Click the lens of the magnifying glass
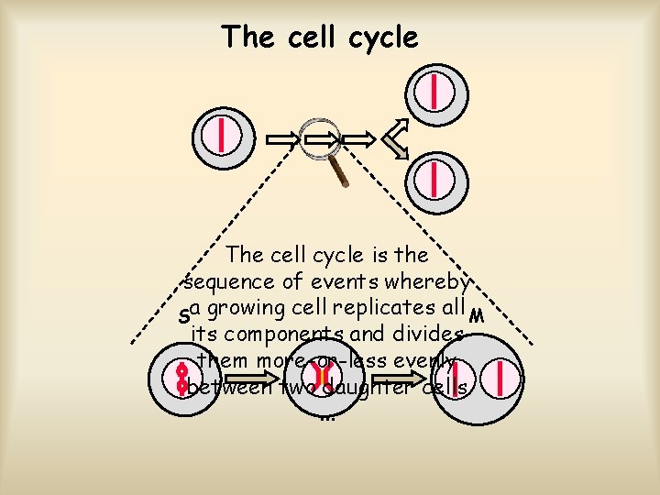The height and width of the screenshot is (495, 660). tap(322, 137)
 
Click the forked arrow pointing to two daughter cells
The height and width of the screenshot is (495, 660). tap(396, 139)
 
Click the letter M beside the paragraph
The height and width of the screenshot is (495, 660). tap(475, 317)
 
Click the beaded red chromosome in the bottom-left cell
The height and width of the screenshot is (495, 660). tap(182, 379)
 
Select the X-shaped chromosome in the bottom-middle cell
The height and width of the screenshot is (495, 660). tap(322, 377)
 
